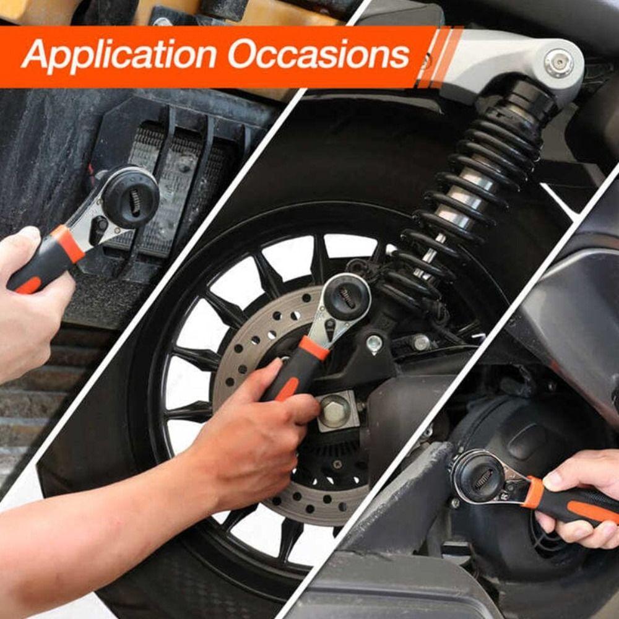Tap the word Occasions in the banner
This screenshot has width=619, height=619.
point(319,55)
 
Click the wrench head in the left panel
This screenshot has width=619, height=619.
point(129,197)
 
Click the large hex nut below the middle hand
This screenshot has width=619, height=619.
point(336,410)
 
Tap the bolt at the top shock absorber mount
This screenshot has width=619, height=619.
point(558,63)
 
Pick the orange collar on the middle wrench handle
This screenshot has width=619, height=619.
point(314,348)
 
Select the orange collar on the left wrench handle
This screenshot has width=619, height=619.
point(68,243)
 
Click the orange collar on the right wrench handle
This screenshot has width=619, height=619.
point(533,492)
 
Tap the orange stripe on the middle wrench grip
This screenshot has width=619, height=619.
point(287,389)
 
